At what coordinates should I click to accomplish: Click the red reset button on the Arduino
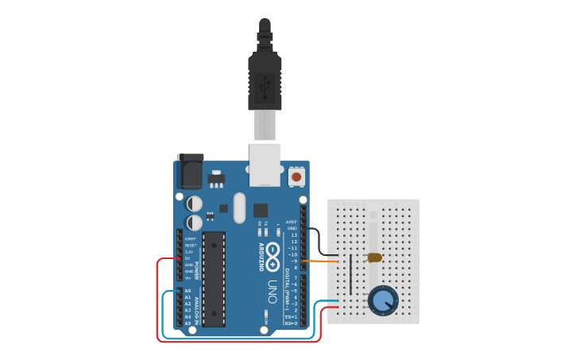tap(296, 176)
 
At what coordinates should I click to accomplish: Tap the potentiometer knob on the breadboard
tap(384, 300)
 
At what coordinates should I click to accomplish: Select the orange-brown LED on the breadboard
tap(374, 257)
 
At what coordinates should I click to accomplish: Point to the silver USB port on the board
tap(265, 165)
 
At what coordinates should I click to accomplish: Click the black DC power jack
tap(190, 170)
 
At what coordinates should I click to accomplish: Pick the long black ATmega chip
tap(213, 278)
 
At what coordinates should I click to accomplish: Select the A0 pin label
tap(188, 291)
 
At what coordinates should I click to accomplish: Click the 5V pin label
tap(188, 258)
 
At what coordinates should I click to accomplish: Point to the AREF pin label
tap(291, 222)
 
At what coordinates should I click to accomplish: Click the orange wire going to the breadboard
tap(326, 261)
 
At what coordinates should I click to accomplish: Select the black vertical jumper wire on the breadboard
tap(350, 274)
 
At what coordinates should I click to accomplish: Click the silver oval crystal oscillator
tap(240, 207)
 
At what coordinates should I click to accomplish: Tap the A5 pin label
tap(188, 323)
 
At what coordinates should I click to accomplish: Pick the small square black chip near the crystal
tap(261, 210)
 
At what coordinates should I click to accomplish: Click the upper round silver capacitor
tap(194, 203)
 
